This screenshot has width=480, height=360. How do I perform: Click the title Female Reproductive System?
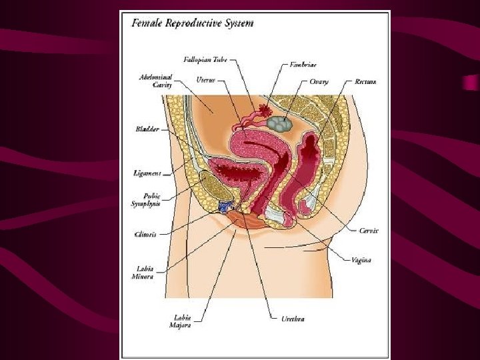click(x=193, y=23)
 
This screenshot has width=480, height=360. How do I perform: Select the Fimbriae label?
click(x=303, y=65)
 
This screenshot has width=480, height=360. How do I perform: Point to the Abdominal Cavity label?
click(x=155, y=81)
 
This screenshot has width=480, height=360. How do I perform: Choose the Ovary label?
click(x=318, y=81)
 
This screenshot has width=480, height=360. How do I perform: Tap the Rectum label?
click(x=365, y=81)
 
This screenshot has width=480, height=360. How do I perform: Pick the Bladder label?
click(x=147, y=129)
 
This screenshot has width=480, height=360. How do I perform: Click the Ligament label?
click(x=147, y=173)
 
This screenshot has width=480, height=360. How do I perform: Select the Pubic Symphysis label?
click(x=145, y=200)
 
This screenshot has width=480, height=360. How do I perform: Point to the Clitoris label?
click(x=145, y=234)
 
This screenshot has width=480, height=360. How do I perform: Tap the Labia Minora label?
click(x=145, y=273)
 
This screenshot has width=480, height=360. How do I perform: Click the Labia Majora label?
click(x=183, y=321)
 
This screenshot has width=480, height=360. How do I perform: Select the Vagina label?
click(x=361, y=259)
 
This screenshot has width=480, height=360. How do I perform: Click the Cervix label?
click(x=369, y=231)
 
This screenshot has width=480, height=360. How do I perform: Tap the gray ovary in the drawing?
click(x=278, y=123)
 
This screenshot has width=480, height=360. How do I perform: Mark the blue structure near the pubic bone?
click(x=227, y=207)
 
